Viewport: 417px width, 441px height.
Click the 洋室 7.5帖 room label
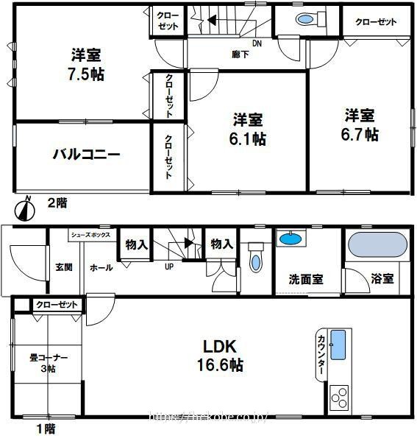click(x=86, y=65)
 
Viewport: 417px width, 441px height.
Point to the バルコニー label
click(x=85, y=155)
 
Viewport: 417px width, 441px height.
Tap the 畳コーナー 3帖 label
click(x=49, y=363)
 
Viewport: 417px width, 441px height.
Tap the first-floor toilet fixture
click(x=254, y=261)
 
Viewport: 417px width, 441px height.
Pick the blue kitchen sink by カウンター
click(x=338, y=345)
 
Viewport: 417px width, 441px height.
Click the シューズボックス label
click(x=90, y=235)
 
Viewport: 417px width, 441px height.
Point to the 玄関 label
click(x=63, y=267)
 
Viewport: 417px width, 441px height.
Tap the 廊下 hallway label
click(x=239, y=54)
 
